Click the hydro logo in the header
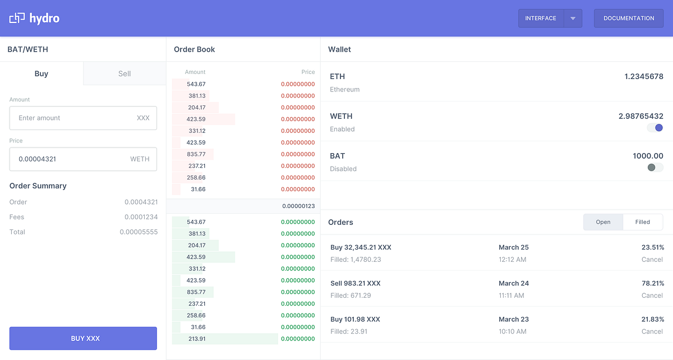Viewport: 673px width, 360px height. pyautogui.click(x=34, y=19)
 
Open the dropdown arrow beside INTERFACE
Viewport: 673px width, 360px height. pyautogui.click(x=573, y=19)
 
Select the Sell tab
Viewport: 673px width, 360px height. pyautogui.click(x=125, y=73)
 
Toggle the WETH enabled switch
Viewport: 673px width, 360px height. pyautogui.click(x=655, y=128)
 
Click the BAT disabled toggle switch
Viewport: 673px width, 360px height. pyautogui.click(x=655, y=168)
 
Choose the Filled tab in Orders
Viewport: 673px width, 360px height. pyautogui.click(x=643, y=222)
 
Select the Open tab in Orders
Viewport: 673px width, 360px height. pyautogui.click(x=603, y=222)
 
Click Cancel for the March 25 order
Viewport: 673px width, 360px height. pyautogui.click(x=652, y=260)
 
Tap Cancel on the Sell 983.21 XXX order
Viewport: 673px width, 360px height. pyautogui.click(x=652, y=296)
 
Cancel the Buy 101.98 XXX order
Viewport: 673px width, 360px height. pyautogui.click(x=652, y=331)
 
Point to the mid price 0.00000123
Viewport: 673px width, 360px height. pyautogui.click(x=298, y=206)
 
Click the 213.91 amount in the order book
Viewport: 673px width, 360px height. pyautogui.click(x=196, y=339)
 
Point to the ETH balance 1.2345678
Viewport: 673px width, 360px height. pyautogui.click(x=644, y=77)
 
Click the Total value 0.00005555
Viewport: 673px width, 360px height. pyautogui.click(x=139, y=232)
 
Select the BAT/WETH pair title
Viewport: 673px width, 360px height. pyautogui.click(x=28, y=49)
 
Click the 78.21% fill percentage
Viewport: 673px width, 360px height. pyautogui.click(x=653, y=283)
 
